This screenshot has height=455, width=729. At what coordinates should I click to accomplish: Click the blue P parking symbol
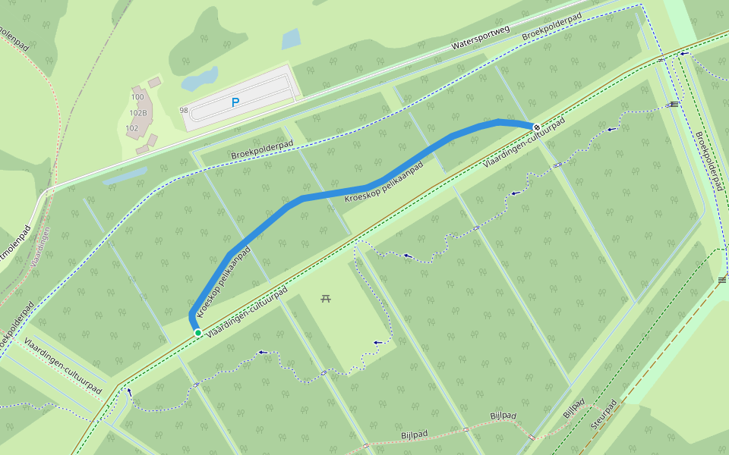(x=235, y=102)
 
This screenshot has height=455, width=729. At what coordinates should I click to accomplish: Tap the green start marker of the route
(x=197, y=332)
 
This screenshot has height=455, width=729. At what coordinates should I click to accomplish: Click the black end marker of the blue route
(x=536, y=127)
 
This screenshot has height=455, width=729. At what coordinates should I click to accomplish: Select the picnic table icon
(x=326, y=298)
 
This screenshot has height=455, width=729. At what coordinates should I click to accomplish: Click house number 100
(x=137, y=97)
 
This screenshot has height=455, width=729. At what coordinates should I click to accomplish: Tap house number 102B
(x=138, y=113)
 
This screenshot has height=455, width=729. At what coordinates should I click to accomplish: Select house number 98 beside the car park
(x=184, y=111)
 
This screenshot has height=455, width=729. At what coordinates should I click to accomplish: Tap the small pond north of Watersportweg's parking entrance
(x=291, y=39)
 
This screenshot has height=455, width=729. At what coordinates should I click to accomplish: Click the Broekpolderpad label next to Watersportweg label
(x=551, y=27)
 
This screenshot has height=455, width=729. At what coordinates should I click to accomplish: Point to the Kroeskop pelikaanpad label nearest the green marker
(x=223, y=281)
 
